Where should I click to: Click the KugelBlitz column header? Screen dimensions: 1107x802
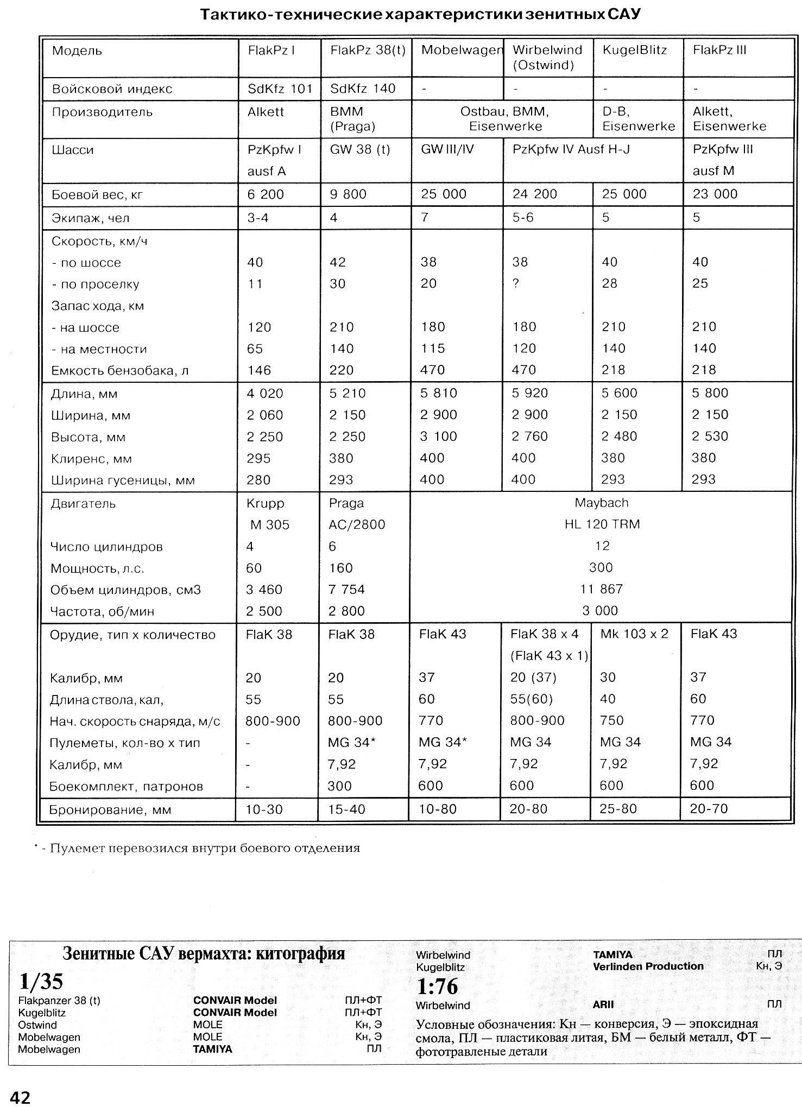coord(634,50)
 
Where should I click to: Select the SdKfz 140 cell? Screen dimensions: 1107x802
coord(363,88)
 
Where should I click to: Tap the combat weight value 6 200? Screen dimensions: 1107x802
coord(266,194)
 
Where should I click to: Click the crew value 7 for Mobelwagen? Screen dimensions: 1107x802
coord(425,218)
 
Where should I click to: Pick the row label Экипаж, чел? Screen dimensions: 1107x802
coord(91,218)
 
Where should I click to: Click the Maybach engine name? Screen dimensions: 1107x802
coord(601,503)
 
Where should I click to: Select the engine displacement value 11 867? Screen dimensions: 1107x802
coord(601,589)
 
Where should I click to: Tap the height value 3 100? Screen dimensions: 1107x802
coord(439,437)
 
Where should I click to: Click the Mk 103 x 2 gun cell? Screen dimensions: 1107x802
coord(634,634)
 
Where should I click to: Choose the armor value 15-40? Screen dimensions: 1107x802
coord(347,809)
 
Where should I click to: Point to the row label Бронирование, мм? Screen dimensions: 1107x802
coord(110,810)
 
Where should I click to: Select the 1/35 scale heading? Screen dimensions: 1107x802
coord(41,981)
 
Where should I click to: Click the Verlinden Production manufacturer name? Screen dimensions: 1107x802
coord(648,966)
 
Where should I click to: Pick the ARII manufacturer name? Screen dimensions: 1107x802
coord(603,1004)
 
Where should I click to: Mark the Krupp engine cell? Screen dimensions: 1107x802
coord(266,503)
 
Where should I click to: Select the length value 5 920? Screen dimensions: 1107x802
coord(529,393)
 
